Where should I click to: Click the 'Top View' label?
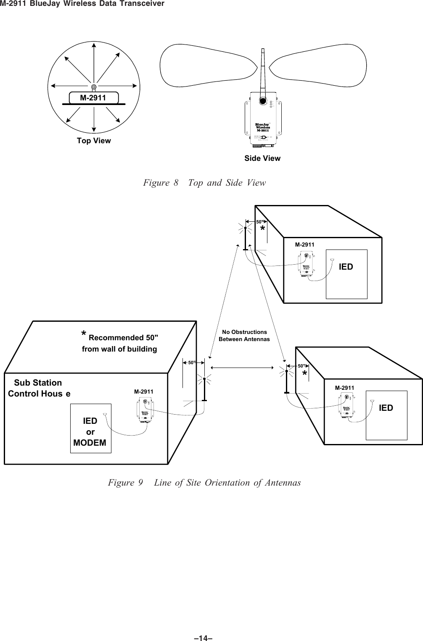point(94,141)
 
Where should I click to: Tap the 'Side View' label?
point(262,158)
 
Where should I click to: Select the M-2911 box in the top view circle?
point(93,98)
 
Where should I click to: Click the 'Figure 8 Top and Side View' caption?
point(204,183)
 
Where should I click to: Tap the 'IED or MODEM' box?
point(90,428)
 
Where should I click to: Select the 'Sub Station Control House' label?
point(39,389)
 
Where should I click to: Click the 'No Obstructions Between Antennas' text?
point(244,335)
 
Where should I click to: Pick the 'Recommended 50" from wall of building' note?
point(119,342)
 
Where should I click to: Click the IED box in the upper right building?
point(346,273)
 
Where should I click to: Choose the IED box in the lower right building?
point(386,415)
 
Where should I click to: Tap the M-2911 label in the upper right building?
point(304,244)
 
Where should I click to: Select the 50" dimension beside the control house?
point(192,362)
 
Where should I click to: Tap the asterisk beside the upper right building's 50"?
point(262,229)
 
